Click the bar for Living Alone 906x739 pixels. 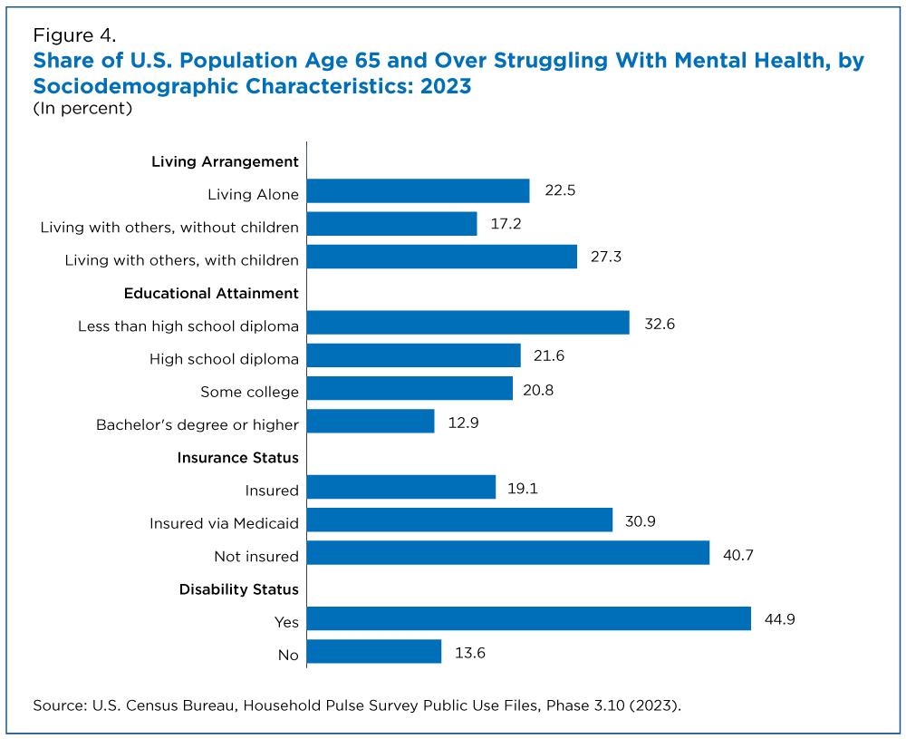(x=419, y=190)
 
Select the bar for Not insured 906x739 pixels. (x=508, y=553)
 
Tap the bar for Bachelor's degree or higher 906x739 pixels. (x=371, y=421)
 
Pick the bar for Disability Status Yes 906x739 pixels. (x=529, y=618)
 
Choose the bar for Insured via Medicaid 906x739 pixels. (x=459, y=520)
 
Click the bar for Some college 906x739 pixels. (x=410, y=388)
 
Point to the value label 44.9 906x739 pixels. (x=779, y=619)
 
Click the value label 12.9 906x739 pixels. (x=463, y=423)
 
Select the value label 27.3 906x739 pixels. (x=605, y=257)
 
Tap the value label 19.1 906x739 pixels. (x=523, y=489)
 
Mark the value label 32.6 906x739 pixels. (x=660, y=324)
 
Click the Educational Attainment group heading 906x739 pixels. (x=211, y=293)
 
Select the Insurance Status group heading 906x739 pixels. (x=237, y=457)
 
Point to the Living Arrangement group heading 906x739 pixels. (x=225, y=162)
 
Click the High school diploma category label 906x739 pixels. (x=224, y=359)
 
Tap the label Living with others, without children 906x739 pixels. (x=169, y=228)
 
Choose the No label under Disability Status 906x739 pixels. (x=288, y=656)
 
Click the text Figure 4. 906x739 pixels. (x=74, y=35)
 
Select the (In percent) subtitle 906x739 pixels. (x=82, y=108)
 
